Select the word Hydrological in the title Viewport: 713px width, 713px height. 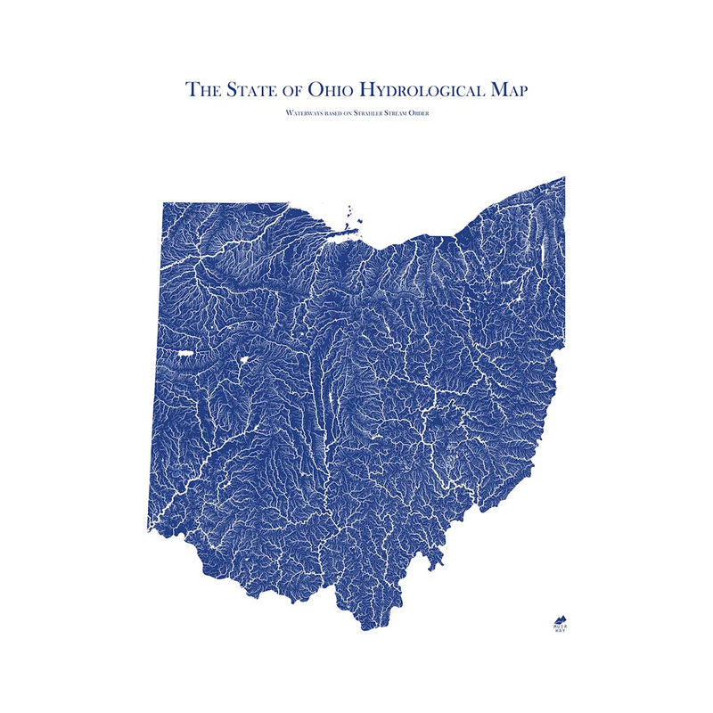424,89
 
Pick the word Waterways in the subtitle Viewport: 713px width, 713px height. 301,114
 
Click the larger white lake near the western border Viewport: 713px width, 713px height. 186,354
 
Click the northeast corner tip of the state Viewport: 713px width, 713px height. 564,177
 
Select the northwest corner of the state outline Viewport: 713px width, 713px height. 163,203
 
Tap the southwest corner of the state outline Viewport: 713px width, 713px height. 149,529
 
